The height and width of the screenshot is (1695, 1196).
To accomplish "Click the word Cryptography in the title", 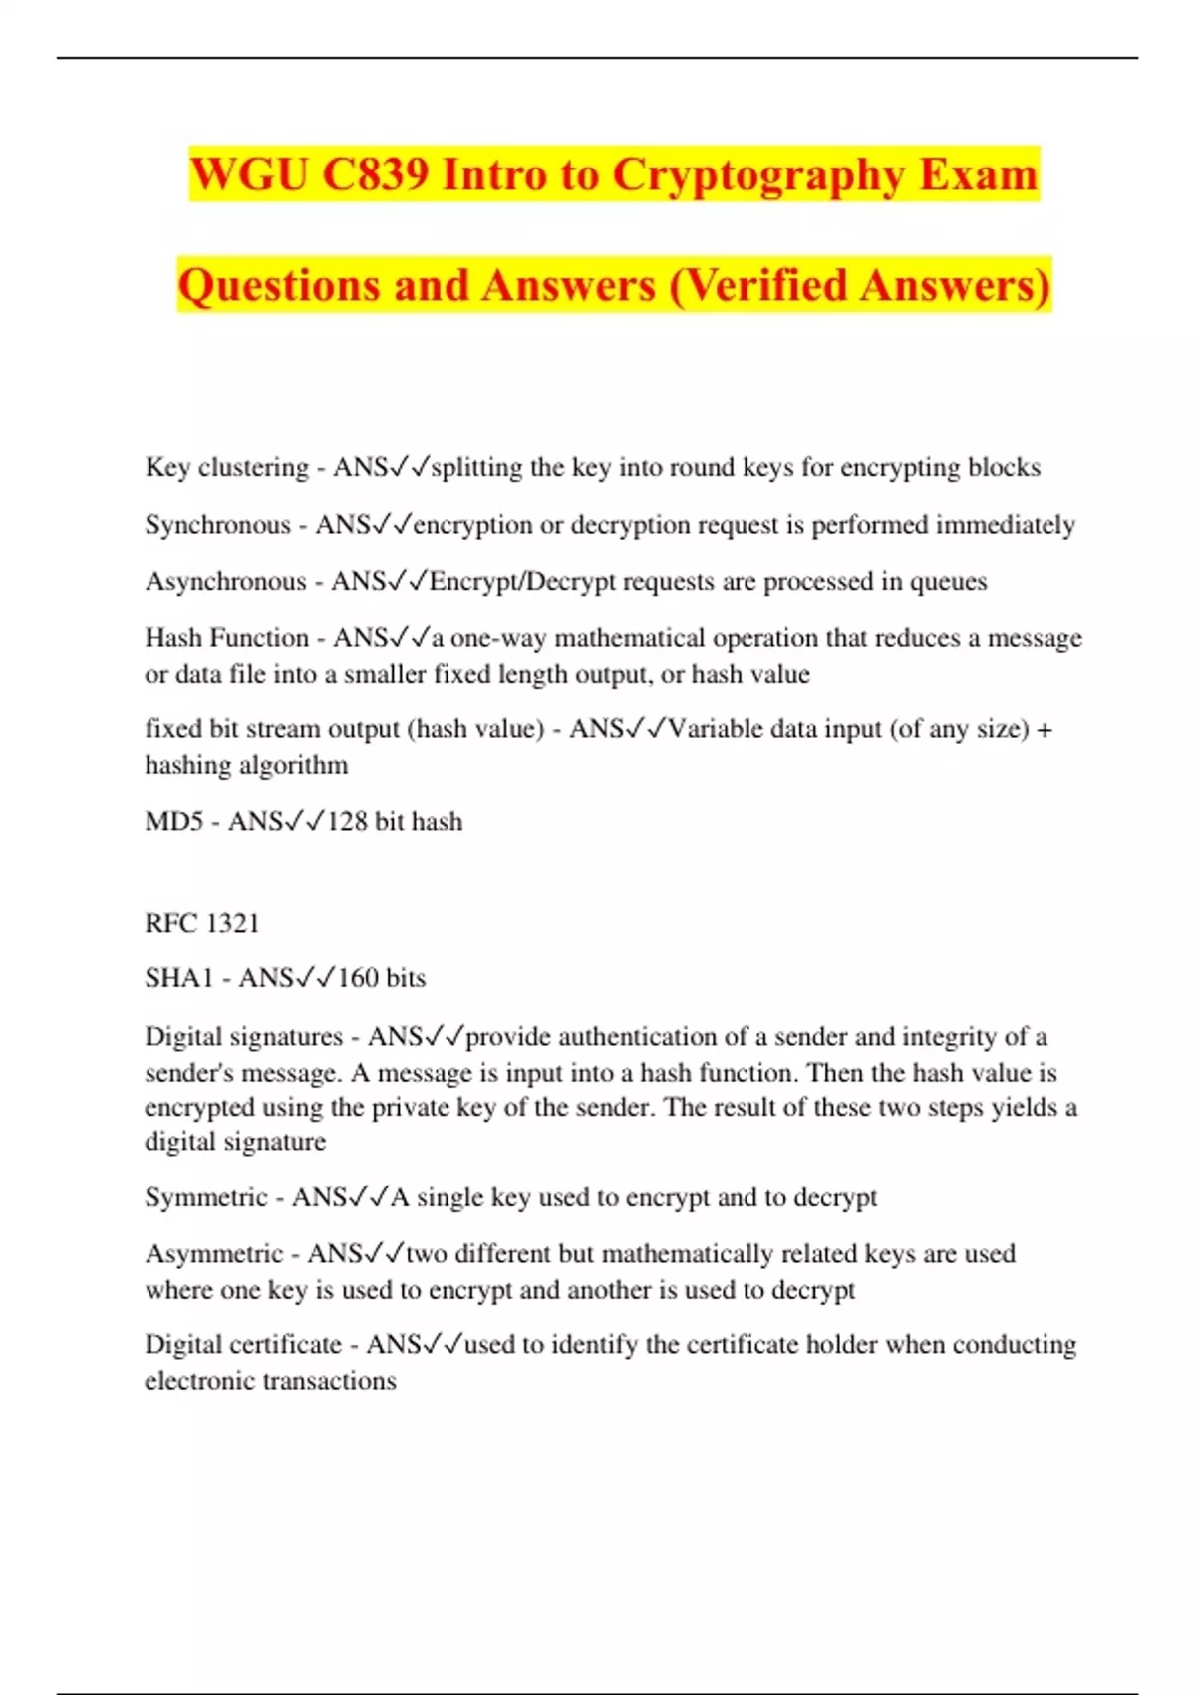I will (x=757, y=174).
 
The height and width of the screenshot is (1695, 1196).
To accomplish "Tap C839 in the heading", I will (x=375, y=174).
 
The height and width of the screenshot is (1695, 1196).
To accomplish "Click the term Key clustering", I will (x=227, y=467).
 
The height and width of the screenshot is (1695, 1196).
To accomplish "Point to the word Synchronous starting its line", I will (x=217, y=524).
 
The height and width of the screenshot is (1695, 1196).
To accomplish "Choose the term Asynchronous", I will (x=225, y=581).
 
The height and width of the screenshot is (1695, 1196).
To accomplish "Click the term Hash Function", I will (x=227, y=637).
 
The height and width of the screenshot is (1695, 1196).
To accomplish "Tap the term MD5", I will (x=173, y=821).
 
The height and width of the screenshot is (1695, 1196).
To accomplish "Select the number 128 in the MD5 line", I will (x=347, y=821).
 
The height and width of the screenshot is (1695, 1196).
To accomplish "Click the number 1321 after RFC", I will (x=232, y=923).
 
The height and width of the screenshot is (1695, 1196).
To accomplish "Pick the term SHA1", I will (x=179, y=978).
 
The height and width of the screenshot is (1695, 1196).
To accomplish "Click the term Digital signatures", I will (x=243, y=1036).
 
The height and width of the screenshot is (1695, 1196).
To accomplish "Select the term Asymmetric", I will (x=214, y=1253).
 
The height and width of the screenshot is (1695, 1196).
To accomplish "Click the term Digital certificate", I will (x=243, y=1344).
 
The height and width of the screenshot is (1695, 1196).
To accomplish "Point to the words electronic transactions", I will (x=270, y=1381).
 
